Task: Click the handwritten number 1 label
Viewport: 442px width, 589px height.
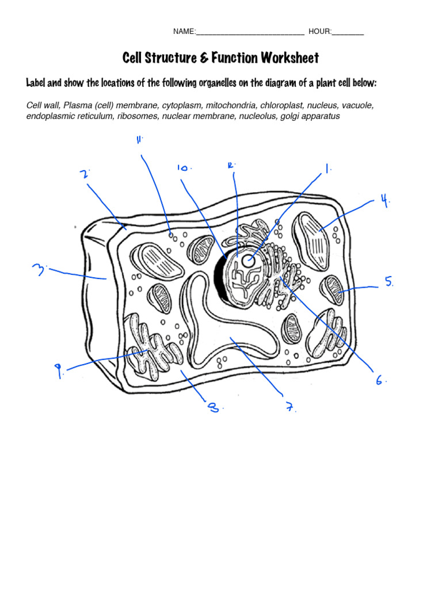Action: [x=327, y=169]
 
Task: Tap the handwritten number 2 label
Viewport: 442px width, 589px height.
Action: [x=84, y=174]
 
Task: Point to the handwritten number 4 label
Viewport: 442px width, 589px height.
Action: [x=384, y=201]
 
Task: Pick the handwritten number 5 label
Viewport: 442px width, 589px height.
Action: [x=389, y=281]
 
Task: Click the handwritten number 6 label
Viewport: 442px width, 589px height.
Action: [x=380, y=380]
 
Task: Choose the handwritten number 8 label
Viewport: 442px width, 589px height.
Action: [x=213, y=408]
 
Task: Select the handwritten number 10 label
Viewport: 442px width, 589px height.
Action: [x=184, y=168]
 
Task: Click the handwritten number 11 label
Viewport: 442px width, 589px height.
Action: [x=139, y=140]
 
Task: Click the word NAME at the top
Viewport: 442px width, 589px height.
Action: [x=184, y=31]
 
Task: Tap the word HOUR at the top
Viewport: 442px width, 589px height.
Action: [x=319, y=31]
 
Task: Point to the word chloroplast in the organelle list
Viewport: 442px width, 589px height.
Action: [x=281, y=105]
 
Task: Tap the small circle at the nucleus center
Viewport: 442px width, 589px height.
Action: [x=247, y=261]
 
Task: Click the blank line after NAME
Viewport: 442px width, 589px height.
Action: [x=250, y=32]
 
